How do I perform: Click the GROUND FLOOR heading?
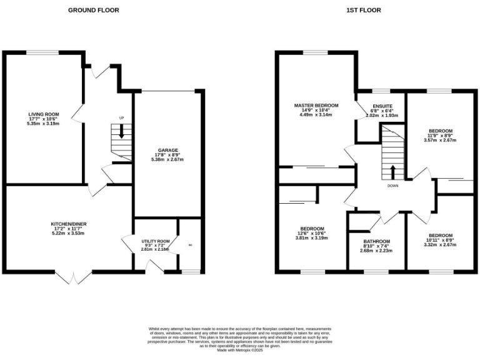pyautogui.click(x=94, y=10)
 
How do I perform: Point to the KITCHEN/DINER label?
pyautogui.click(x=68, y=224)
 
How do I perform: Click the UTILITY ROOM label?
pyautogui.click(x=155, y=241)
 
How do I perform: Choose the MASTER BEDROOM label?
pyautogui.click(x=316, y=105)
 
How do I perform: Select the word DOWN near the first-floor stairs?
pyautogui.click(x=392, y=186)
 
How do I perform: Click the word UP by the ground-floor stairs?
pyautogui.click(x=122, y=117)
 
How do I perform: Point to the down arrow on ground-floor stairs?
pyautogui.click(x=122, y=131)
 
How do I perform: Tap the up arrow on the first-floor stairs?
pyautogui.click(x=392, y=172)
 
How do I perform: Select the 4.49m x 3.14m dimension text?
pyautogui.click(x=316, y=115)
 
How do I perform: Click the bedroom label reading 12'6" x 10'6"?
pyautogui.click(x=312, y=233)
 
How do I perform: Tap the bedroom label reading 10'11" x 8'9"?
pyautogui.click(x=439, y=240)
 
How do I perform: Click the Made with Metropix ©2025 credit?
pyautogui.click(x=240, y=351)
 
